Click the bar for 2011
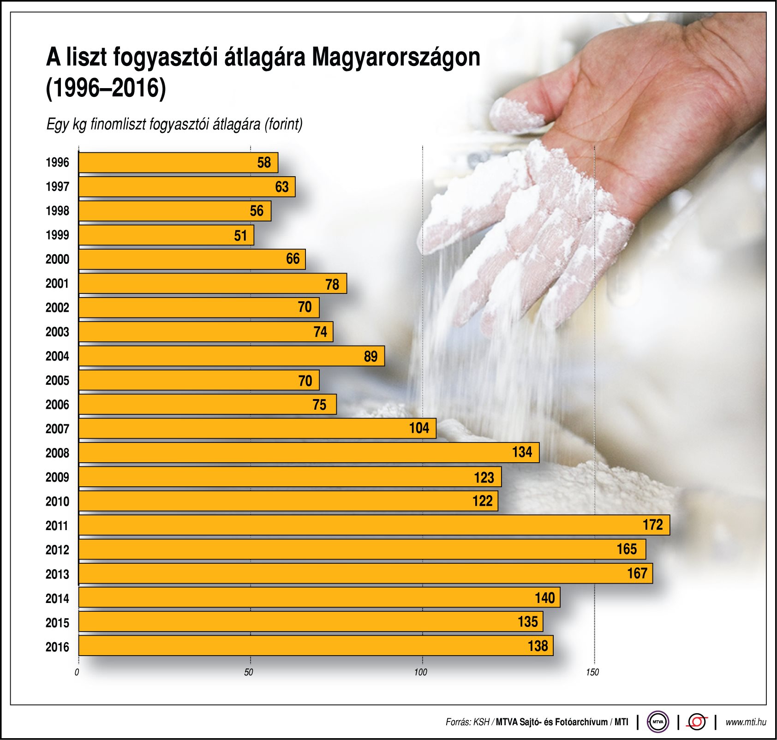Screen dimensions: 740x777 coord(374,525)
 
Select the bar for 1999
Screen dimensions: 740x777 coord(166,235)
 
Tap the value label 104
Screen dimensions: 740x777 coord(419,428)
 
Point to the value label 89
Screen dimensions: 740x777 coord(371,356)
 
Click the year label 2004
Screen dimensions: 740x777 coord(57,356)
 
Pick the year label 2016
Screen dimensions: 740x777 coord(57,647)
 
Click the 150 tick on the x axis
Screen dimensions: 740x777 coord(592,672)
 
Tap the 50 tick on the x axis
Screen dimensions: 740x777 coord(249,672)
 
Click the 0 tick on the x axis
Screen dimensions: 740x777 coord(77,672)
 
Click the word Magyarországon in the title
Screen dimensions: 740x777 coord(396,58)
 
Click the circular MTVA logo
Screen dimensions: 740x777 coord(657,722)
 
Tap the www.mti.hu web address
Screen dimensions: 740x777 coord(746,722)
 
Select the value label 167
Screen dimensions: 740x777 coord(637,573)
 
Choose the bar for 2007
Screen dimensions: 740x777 coord(257,428)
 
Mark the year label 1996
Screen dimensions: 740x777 coord(57,162)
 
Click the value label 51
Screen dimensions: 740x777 coord(240,236)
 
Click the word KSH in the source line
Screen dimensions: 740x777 coord(481,722)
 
